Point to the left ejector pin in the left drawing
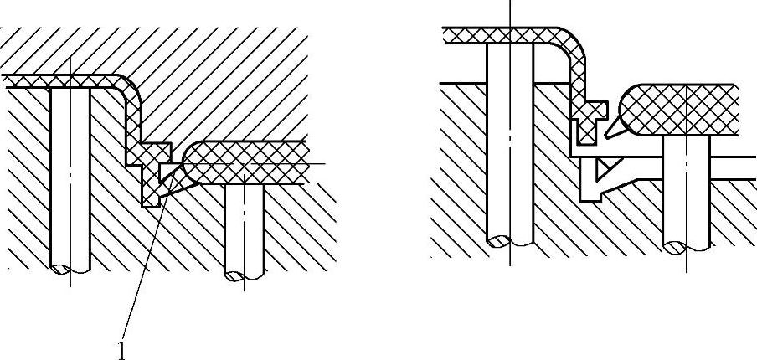[70, 176]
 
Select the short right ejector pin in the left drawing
[245, 226]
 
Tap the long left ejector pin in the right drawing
[511, 159]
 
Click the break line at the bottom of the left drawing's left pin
[70, 270]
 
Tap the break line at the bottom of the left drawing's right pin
[245, 273]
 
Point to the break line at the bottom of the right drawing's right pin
[686, 245]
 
